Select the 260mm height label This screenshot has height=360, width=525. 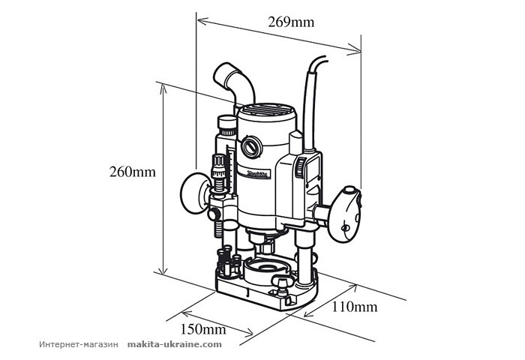132,172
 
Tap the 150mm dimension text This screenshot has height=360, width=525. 205,328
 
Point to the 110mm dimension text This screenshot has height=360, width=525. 355,306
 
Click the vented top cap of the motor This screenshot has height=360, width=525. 267,112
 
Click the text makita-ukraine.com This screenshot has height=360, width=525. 175,345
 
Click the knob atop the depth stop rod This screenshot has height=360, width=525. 224,124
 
